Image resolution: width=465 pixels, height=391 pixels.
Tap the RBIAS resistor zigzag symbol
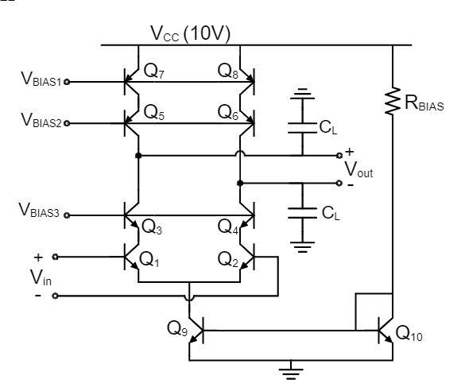(x=392, y=101)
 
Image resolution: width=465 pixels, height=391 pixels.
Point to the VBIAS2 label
(x=41, y=122)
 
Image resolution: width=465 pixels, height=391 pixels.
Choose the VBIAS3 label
(x=41, y=214)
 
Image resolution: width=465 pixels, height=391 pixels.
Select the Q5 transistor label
(x=154, y=113)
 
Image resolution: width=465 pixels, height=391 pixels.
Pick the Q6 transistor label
(x=227, y=113)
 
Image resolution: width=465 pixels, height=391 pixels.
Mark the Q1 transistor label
(x=152, y=261)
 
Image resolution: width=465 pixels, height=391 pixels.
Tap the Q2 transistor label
(x=228, y=261)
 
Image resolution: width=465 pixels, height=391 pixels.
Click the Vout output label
(x=358, y=169)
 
